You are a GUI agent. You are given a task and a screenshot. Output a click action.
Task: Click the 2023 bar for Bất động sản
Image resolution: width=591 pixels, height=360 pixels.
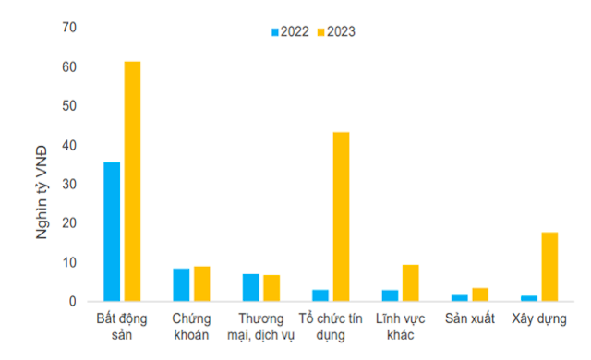click(133, 181)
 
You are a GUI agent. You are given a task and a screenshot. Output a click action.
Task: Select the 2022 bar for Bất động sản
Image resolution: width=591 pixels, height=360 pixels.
click(112, 232)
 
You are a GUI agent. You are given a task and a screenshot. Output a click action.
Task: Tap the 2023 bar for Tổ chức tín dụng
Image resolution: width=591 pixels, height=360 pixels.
click(341, 216)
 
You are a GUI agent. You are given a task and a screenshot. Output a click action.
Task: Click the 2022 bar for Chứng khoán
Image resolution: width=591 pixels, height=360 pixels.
click(181, 284)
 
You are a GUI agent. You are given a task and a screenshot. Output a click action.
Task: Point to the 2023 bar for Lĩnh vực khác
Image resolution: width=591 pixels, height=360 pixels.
click(411, 282)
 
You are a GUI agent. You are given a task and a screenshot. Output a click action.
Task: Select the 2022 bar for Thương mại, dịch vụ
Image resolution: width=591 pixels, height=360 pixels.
click(251, 287)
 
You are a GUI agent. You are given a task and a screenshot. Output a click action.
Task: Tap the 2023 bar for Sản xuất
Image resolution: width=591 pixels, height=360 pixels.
click(480, 294)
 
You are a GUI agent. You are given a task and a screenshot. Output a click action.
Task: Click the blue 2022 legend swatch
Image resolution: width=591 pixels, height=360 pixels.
click(274, 31)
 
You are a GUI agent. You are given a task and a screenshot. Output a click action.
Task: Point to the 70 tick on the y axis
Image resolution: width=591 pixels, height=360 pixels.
click(69, 29)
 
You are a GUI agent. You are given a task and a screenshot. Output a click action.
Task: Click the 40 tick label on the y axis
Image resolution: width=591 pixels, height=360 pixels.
click(69, 146)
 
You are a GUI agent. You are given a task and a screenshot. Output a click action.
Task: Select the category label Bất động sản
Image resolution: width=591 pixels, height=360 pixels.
click(122, 326)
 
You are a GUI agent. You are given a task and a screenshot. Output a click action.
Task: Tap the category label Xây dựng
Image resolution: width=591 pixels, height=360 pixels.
click(538, 318)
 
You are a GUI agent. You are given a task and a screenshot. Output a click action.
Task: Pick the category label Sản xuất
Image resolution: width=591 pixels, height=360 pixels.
click(469, 318)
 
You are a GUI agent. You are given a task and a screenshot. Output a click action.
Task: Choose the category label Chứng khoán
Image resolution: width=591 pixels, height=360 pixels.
click(191, 326)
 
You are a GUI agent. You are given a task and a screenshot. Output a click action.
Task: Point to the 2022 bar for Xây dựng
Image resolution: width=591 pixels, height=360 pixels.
click(528, 298)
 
